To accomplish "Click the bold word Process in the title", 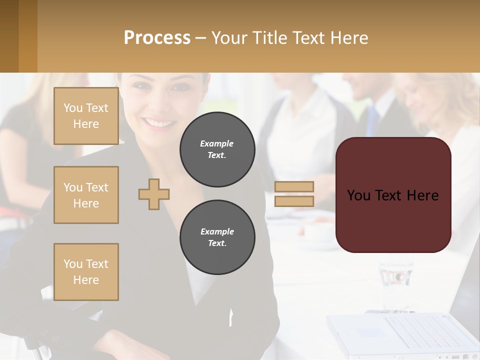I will point(157,38).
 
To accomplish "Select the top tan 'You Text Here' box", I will point(86,116).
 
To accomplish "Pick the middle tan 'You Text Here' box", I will point(86,195).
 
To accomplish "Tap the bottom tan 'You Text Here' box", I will point(86,272).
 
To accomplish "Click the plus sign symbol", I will point(154,194).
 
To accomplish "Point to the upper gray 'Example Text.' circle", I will point(217,149).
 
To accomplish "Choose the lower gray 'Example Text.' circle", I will point(217,237).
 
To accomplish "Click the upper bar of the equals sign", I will point(294,187).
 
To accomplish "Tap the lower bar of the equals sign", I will point(294,201).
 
